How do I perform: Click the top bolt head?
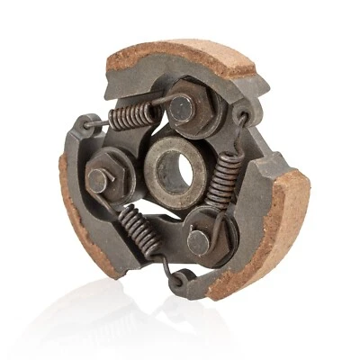click(x=183, y=109)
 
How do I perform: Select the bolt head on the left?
click(x=99, y=179)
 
